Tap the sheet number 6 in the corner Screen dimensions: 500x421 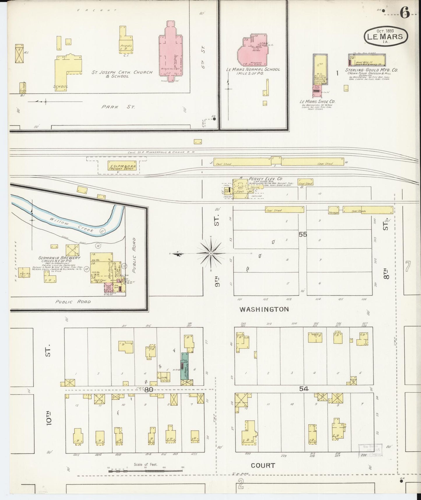pyautogui.click(x=405, y=13)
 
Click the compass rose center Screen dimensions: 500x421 pyautogui.click(x=211, y=254)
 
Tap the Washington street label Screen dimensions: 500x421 pyautogui.click(x=264, y=309)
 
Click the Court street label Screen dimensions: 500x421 pyautogui.click(x=263, y=465)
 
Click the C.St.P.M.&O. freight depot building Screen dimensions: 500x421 pyautogui.click(x=122, y=165)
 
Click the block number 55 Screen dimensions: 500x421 pyautogui.click(x=302, y=234)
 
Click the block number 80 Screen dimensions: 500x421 pyautogui.click(x=149, y=390)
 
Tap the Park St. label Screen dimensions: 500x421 pyautogui.click(x=118, y=107)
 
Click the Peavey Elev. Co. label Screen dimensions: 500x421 pyautogui.click(x=262, y=179)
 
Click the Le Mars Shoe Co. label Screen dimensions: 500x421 pyautogui.click(x=317, y=102)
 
